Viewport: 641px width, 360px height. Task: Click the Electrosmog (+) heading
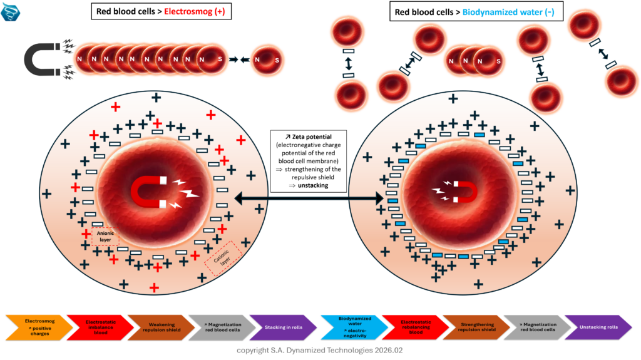tap(195, 12)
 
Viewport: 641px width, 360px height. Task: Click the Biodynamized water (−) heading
tap(508, 12)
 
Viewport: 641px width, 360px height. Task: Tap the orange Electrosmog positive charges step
tap(36, 327)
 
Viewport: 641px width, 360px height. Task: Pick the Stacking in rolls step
tap(280, 327)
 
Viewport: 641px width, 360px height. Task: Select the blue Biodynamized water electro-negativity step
tap(350, 327)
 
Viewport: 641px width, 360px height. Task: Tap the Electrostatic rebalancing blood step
tap(411, 327)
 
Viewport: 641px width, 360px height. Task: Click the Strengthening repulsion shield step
tap(473, 327)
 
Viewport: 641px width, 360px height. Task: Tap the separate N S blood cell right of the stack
tap(269, 59)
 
